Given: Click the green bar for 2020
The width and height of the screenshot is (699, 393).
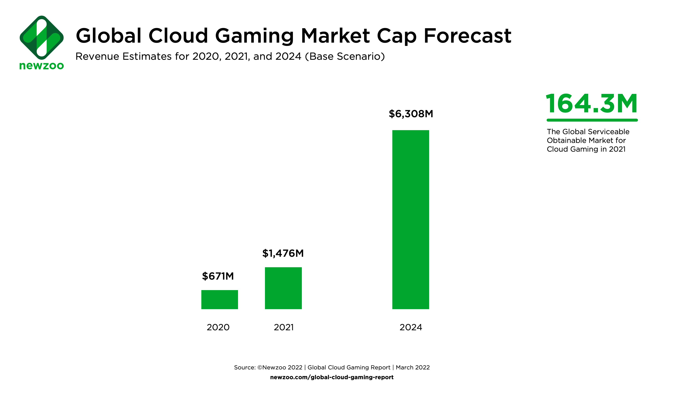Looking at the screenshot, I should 220,300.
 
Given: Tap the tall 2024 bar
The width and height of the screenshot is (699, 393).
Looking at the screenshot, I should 411,219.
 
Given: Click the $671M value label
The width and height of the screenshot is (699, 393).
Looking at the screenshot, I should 218,276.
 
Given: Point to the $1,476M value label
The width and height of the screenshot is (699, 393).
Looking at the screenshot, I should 283,253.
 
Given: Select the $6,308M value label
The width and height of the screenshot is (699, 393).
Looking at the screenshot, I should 411,114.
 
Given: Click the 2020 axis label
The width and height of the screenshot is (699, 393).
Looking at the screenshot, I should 218,327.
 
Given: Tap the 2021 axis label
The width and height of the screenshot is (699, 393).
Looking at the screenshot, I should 284,327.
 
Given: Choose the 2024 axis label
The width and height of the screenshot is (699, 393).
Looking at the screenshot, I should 411,327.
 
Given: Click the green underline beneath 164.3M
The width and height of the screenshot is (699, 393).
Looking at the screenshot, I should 592,120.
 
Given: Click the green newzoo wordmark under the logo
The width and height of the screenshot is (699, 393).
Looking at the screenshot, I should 42,66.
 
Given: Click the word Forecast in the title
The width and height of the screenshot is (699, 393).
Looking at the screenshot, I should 467,36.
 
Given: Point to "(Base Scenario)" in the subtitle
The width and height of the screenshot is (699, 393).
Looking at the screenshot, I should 345,56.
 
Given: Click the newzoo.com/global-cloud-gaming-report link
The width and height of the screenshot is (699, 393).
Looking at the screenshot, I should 332,377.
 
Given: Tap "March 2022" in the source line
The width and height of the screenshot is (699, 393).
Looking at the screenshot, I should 413,367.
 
